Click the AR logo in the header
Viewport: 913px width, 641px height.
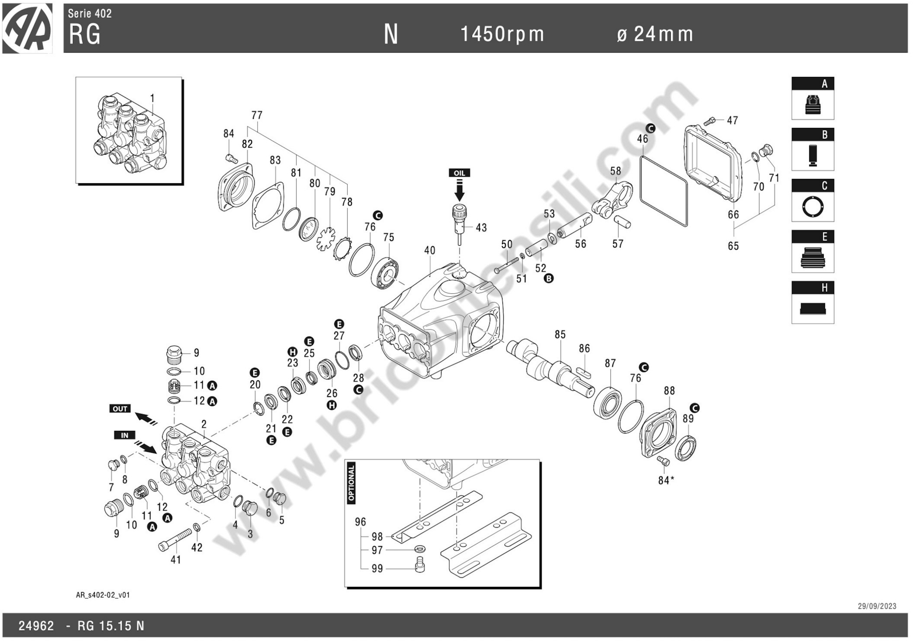click(27, 28)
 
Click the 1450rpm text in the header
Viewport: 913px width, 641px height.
click(502, 34)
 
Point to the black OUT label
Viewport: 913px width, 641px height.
click(120, 409)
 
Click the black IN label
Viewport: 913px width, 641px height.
click(124, 435)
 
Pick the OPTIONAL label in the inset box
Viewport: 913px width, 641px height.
click(351, 483)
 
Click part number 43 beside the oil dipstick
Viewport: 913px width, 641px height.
click(481, 227)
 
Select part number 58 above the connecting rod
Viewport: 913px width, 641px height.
click(616, 171)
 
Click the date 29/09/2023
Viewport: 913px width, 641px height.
click(877, 606)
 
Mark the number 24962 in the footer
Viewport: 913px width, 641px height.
click(36, 626)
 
